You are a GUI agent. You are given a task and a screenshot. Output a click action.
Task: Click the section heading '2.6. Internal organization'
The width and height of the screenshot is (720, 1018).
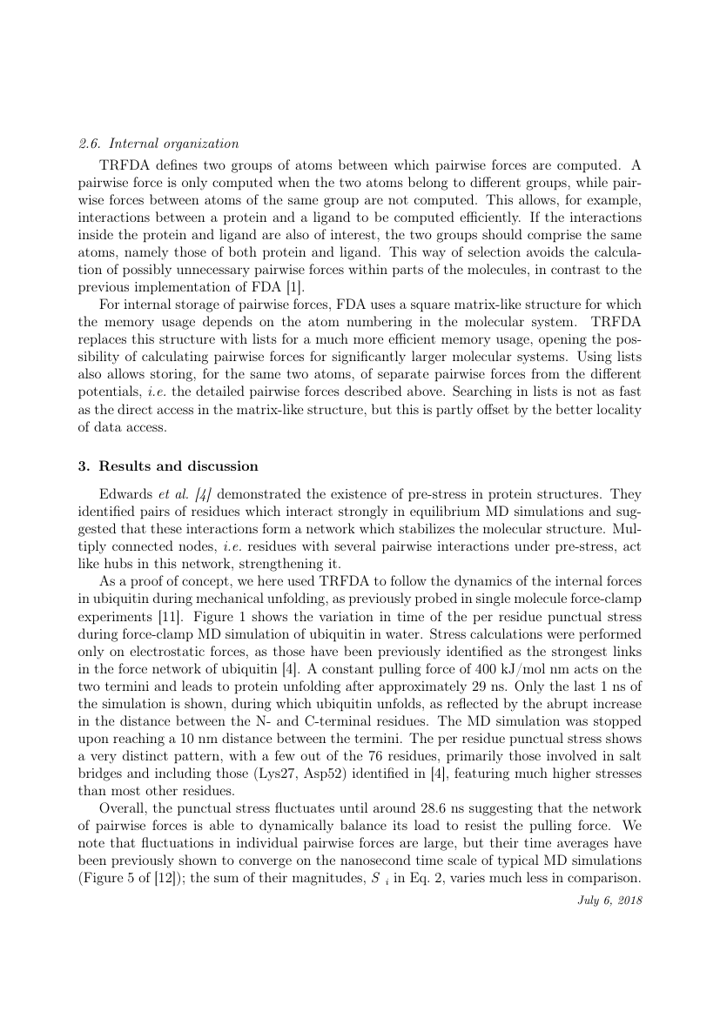pos(158,144)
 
